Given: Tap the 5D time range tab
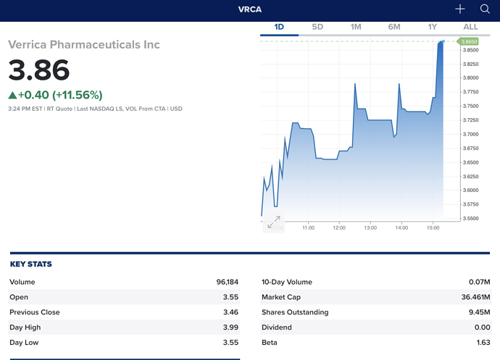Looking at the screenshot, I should click(317, 27).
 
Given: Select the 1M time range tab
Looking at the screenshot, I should click(356, 27).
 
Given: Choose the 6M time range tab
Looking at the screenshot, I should click(394, 27).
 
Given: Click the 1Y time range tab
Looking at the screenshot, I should click(433, 27).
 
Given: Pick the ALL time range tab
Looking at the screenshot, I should click(470, 27).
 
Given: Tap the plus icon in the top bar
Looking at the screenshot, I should click(460, 9).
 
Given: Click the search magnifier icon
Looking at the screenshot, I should click(485, 9).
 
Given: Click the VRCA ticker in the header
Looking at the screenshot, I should click(250, 9).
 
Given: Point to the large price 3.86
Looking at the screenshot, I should click(39, 70).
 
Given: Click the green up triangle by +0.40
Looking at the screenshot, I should click(12, 95).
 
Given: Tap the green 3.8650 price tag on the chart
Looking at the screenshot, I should click(470, 42).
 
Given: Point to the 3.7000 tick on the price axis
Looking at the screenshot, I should click(472, 134).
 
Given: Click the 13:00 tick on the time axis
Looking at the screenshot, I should click(370, 227).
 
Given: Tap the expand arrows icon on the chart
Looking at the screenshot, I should click(274, 223).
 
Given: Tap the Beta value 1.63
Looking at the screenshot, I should click(483, 343).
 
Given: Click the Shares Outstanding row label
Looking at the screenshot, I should click(295, 312).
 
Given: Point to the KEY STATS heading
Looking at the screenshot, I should click(31, 264).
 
